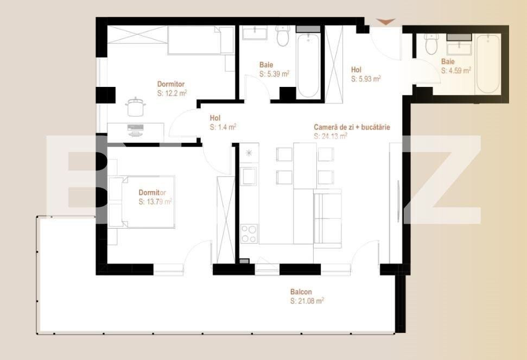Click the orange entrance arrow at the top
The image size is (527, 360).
(x=386, y=22)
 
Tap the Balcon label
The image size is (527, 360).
(x=301, y=292)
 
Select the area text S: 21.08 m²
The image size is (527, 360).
(x=307, y=301)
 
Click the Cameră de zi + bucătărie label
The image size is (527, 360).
(x=352, y=127)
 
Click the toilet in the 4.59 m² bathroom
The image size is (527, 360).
(x=431, y=44)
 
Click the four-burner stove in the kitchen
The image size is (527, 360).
(x=249, y=233)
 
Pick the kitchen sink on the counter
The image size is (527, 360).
(x=249, y=176)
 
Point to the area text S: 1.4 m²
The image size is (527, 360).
(x=223, y=127)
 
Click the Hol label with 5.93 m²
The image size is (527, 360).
(x=356, y=70)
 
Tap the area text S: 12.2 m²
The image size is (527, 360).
(x=172, y=93)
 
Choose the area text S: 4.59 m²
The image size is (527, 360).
(x=455, y=70)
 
